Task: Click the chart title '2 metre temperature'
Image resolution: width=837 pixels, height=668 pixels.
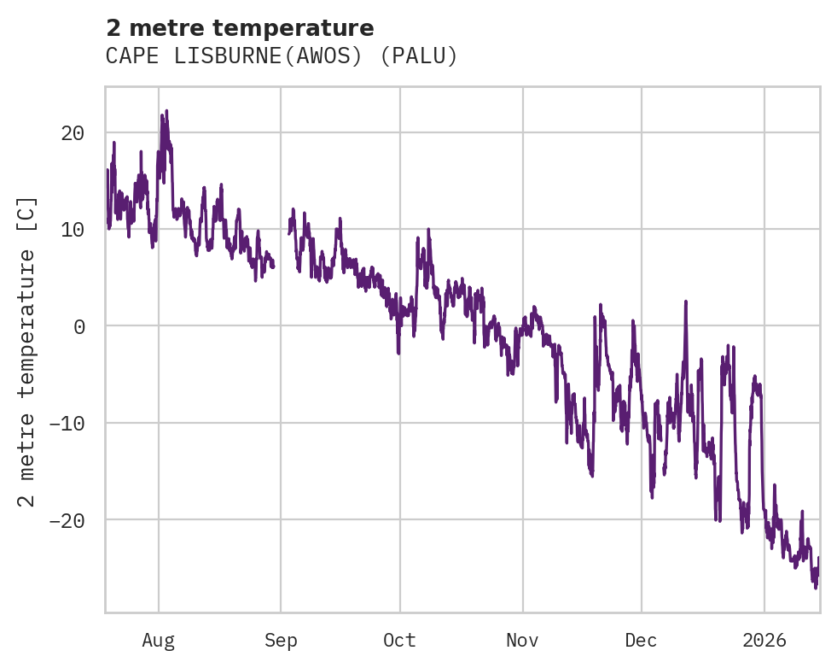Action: [240, 28]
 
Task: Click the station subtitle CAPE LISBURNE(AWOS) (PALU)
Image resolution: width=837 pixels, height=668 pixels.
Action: [282, 56]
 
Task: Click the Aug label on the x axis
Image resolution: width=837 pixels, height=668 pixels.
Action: [159, 640]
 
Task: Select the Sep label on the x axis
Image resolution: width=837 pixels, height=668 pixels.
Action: [281, 640]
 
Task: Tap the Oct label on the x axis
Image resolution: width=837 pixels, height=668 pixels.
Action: [399, 640]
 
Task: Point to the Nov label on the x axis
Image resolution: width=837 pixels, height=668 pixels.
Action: [522, 640]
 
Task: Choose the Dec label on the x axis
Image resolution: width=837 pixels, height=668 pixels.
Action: [641, 640]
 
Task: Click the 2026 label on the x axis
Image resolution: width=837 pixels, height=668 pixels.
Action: [764, 640]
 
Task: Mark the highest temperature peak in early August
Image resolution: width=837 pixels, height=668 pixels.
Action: [166, 111]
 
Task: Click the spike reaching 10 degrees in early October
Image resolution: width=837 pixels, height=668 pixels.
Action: [427, 230]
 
